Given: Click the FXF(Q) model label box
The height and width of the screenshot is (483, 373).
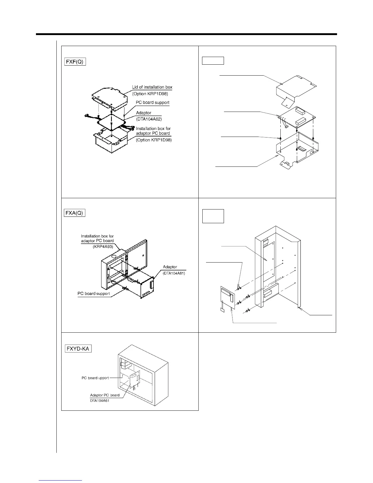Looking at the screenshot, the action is (x=75, y=62).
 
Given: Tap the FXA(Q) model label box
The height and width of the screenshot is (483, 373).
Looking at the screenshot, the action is (x=74, y=213).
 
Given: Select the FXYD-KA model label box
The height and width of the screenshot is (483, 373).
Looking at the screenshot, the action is (x=78, y=348).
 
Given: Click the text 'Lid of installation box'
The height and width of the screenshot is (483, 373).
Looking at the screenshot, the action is (x=152, y=87).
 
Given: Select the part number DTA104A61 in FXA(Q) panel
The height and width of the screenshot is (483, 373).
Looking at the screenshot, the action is (x=174, y=273).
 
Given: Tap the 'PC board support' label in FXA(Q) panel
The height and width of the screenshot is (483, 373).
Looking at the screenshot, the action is (x=93, y=294).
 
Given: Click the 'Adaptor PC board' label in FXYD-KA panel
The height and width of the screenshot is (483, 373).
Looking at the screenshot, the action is (x=105, y=395).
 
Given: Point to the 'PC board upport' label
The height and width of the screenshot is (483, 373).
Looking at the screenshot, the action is (x=95, y=378).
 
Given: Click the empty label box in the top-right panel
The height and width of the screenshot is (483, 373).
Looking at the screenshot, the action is (x=213, y=60).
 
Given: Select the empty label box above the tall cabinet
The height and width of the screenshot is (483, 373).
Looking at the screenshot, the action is (x=213, y=216).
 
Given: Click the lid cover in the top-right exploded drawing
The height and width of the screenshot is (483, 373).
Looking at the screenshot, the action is (x=296, y=88).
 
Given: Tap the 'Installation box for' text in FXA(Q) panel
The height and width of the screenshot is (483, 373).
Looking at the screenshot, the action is (x=97, y=236).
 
